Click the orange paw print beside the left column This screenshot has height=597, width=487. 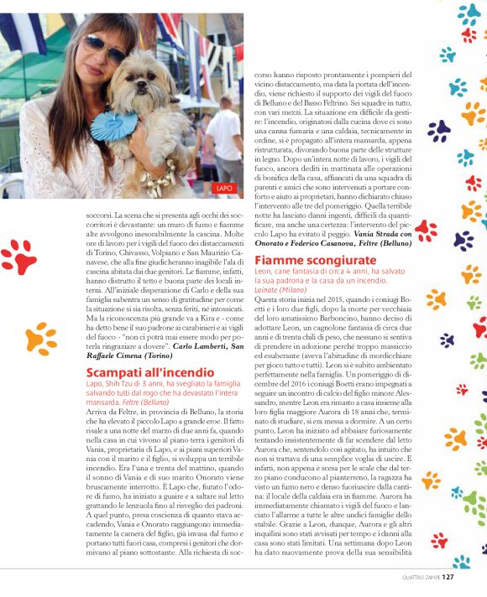[x=40, y=337]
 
